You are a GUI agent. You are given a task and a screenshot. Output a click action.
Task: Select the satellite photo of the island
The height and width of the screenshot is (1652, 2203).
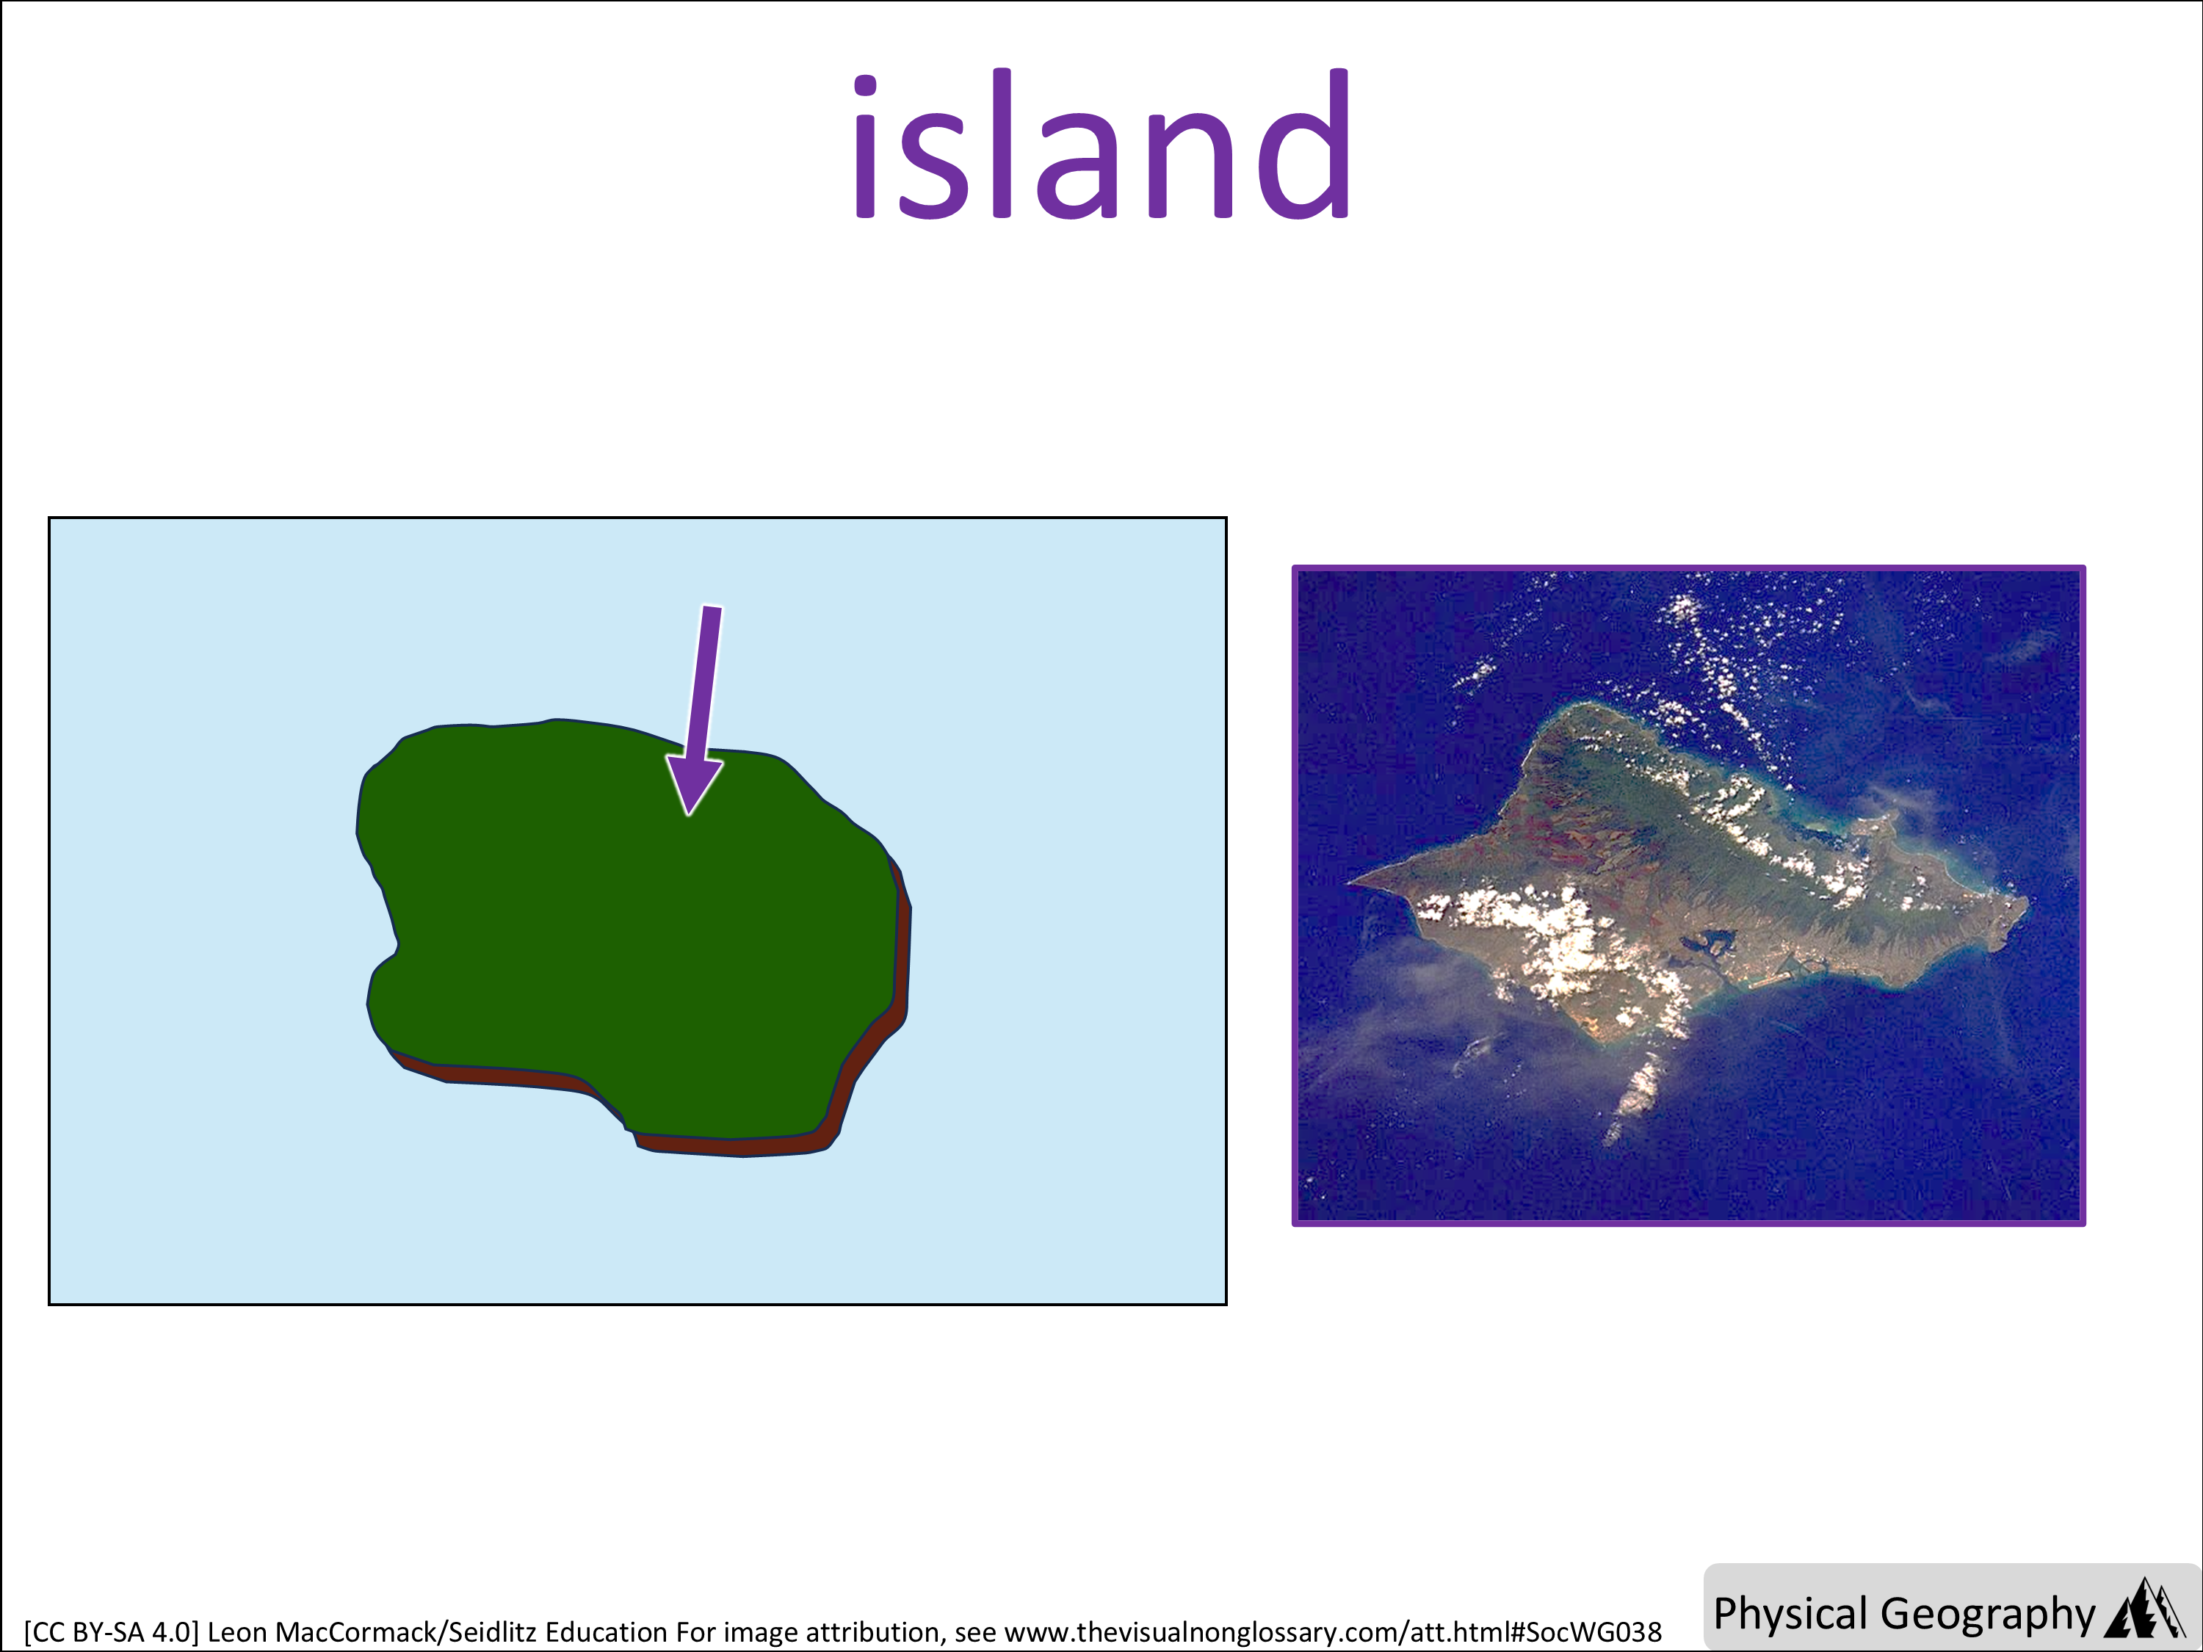(1689, 895)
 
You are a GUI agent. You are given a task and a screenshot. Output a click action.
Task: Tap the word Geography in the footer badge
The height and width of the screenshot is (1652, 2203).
(1987, 1614)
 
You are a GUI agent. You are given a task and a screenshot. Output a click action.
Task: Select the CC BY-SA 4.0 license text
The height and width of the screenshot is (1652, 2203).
(112, 1633)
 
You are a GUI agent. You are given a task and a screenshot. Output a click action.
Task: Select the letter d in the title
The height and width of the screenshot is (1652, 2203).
(1298, 143)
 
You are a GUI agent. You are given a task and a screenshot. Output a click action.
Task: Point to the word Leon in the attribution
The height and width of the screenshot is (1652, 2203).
(237, 1633)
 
